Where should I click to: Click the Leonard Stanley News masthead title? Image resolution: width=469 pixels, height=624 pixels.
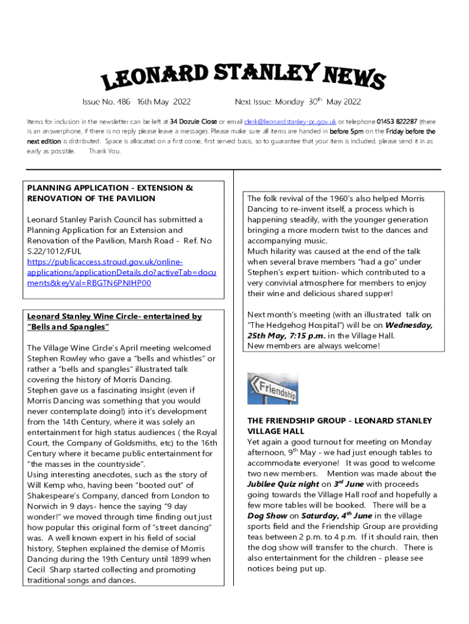(x=242, y=77)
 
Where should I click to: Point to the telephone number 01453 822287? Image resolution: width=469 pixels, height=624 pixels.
(x=397, y=121)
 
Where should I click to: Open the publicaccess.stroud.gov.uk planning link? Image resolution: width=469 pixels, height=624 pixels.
(x=121, y=272)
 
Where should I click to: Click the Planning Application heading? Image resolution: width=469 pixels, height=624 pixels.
(x=110, y=193)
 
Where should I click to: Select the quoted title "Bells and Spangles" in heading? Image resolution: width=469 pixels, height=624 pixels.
(x=68, y=327)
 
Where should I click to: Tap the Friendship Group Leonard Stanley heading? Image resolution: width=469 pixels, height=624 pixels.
(x=339, y=425)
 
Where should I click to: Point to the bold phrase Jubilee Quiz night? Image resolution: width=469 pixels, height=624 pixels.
(x=283, y=484)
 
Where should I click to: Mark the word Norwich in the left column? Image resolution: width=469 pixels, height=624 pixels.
(x=45, y=506)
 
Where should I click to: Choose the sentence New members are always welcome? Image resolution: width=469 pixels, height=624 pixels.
(x=313, y=346)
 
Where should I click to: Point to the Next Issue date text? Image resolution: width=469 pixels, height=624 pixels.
(x=298, y=102)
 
